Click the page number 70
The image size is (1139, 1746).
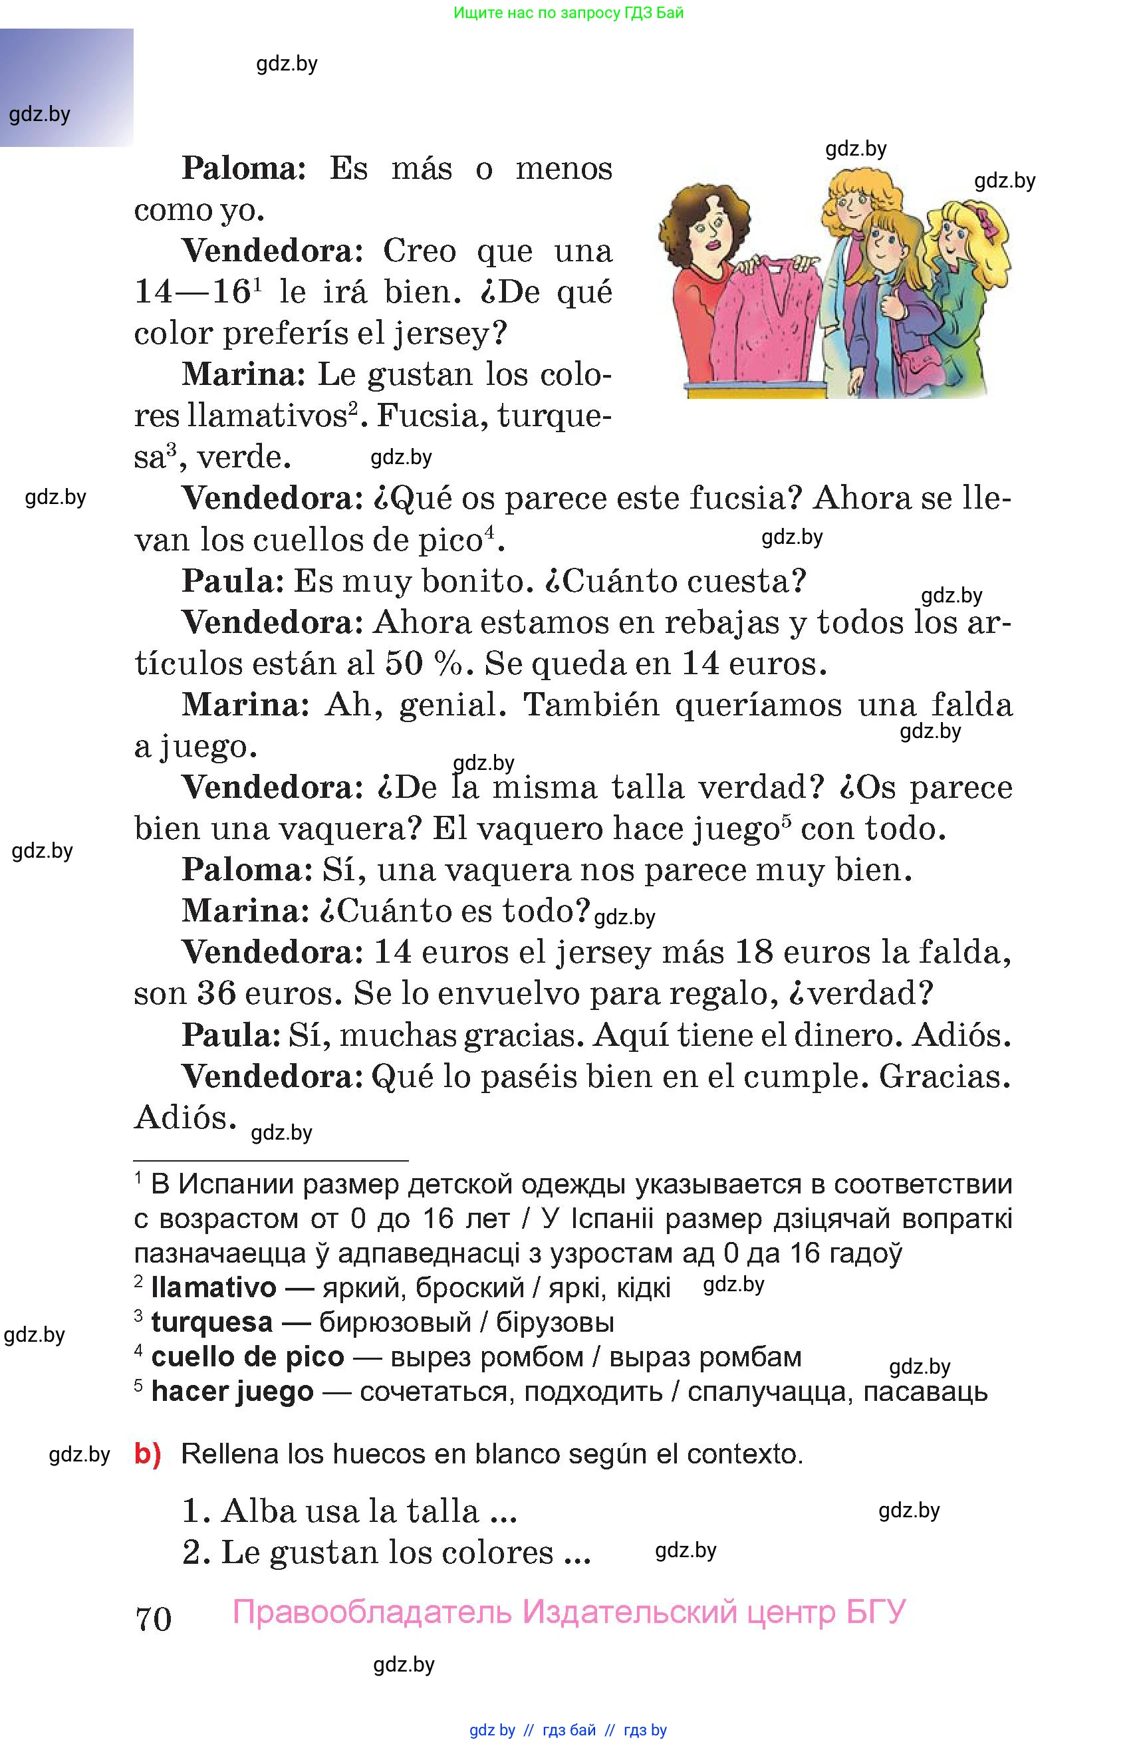pyautogui.click(x=154, y=1619)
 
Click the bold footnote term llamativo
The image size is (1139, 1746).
pyautogui.click(x=213, y=1287)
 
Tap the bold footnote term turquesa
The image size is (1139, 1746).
pyautogui.click(x=212, y=1322)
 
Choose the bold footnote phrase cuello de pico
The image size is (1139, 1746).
pyautogui.click(x=247, y=1356)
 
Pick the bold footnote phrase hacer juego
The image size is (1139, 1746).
pyautogui.click(x=232, y=1391)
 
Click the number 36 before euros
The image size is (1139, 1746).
pyautogui.click(x=215, y=993)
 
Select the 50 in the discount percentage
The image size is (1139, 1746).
pyautogui.click(x=404, y=663)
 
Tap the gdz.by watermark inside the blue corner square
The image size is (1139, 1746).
pyautogui.click(x=40, y=114)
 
